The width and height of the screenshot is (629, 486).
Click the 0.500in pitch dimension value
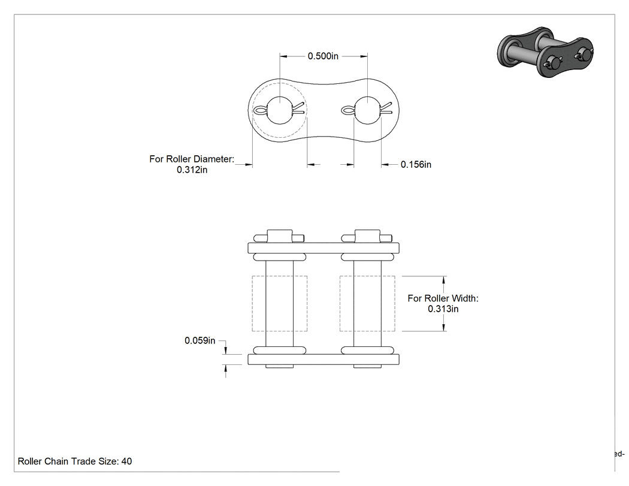(323, 56)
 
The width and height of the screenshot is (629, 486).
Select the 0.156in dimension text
(416, 165)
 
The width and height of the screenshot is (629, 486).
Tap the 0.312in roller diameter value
(192, 170)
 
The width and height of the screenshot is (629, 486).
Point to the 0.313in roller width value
(443, 309)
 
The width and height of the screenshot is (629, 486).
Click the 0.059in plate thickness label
(199, 341)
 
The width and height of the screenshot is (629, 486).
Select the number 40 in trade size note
(127, 461)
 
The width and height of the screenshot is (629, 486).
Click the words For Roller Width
(443, 298)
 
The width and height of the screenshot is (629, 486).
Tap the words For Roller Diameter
(192, 159)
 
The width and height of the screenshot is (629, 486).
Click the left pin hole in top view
(280, 110)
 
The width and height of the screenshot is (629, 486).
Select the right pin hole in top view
(367, 110)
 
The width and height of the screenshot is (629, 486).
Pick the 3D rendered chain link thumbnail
(545, 52)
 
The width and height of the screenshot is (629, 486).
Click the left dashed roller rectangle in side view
(252, 303)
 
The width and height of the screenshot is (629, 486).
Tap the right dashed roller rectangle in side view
(340, 303)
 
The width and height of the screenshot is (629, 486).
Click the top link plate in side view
(323, 248)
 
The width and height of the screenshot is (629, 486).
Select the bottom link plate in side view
(323, 359)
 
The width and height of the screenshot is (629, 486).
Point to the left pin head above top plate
(280, 236)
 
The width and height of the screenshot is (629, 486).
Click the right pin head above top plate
(367, 236)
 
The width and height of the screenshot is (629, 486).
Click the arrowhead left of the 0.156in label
(385, 165)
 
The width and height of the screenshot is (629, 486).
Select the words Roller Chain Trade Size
(68, 461)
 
